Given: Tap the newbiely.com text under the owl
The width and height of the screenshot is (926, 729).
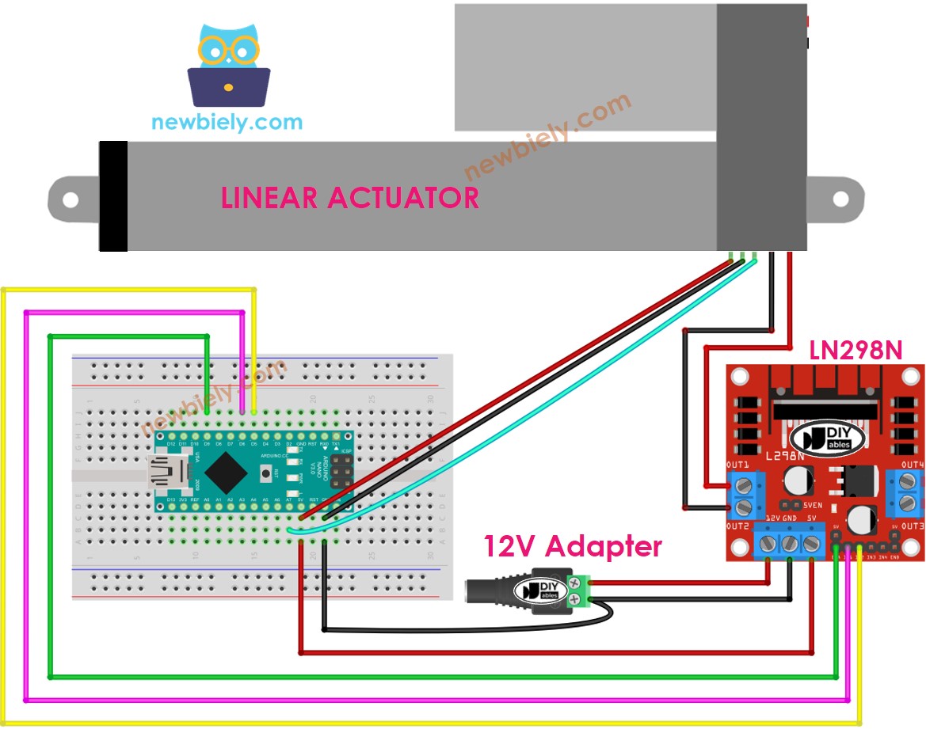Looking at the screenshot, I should pos(227,123).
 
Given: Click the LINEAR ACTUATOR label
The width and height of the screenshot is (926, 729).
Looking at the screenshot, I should pos(349,197).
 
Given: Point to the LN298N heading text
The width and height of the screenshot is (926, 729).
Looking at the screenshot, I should pos(856,350).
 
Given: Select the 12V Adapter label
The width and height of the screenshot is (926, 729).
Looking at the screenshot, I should pos(573,546).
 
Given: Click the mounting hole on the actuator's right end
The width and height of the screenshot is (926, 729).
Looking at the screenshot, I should pos(839,198).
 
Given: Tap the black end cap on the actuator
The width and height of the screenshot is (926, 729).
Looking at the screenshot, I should pos(113,196).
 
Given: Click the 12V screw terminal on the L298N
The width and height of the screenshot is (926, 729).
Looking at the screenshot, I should pos(770,544).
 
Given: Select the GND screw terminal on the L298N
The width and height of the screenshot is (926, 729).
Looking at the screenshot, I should pos(791,544).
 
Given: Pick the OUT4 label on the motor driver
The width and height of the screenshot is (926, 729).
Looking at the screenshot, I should pos(913,464).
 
